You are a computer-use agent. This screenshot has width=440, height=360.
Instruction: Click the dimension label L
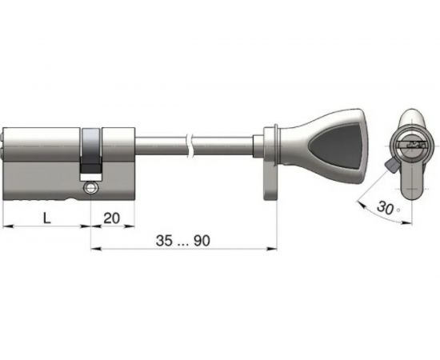pos(47,218)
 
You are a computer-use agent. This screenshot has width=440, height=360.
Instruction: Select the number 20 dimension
pos(112,218)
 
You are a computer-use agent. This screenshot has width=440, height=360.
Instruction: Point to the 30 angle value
pos(385,207)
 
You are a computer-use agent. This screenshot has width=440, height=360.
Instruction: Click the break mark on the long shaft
pos(189,147)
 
